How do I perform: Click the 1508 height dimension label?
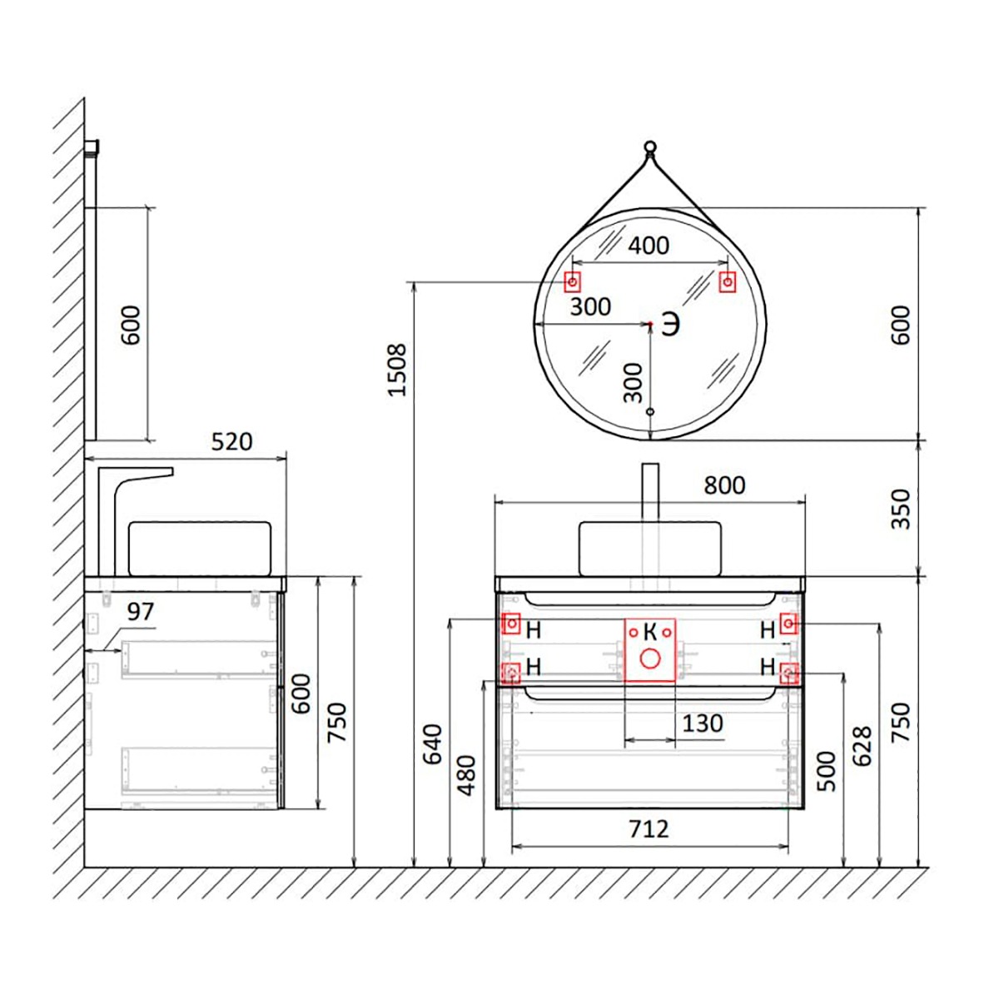[x=398, y=369]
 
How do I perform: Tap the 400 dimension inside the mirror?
[x=649, y=245]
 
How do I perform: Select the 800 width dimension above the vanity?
[x=724, y=485]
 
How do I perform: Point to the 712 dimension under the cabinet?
[x=649, y=829]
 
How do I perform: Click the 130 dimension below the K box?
[x=702, y=723]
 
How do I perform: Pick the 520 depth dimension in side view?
[x=231, y=442]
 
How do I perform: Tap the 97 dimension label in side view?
[x=141, y=612]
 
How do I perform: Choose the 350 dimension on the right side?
[x=901, y=509]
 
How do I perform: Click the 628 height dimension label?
[x=862, y=746]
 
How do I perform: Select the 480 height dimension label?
[x=467, y=776]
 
